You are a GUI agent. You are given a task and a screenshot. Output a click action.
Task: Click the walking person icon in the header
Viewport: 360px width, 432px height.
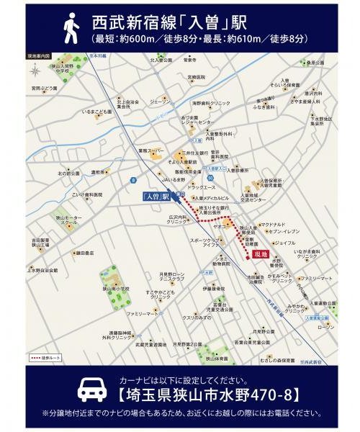(71, 29)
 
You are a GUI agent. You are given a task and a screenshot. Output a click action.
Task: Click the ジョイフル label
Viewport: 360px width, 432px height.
(285, 243)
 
